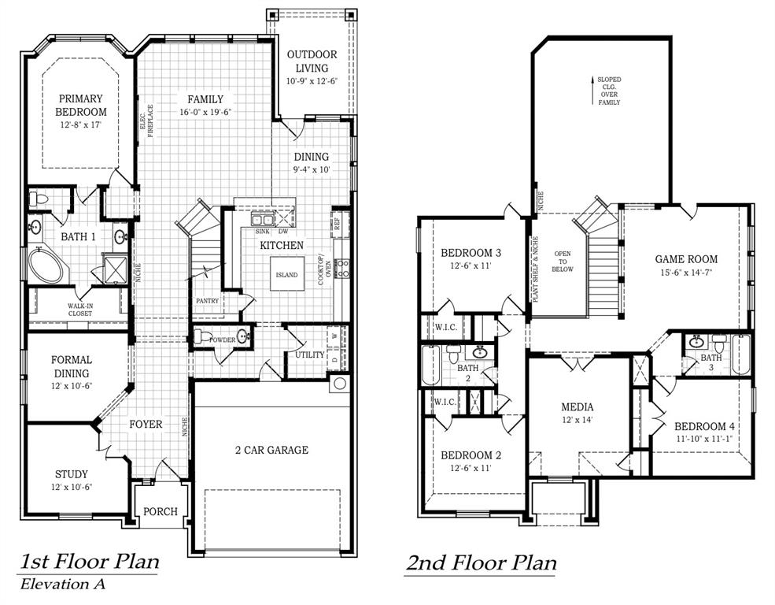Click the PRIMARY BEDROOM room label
click(x=79, y=106)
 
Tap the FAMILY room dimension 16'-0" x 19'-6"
click(x=205, y=113)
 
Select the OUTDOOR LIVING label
click(x=312, y=61)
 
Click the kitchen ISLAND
click(x=286, y=275)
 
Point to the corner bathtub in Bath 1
click(x=45, y=265)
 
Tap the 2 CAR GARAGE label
click(x=271, y=450)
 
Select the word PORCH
click(x=160, y=511)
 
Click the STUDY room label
click(x=72, y=474)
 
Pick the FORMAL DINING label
click(x=72, y=366)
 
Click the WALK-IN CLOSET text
click(x=79, y=310)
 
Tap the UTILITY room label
click(x=309, y=354)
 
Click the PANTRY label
click(x=207, y=300)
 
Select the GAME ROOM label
click(x=686, y=258)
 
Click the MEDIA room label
click(x=577, y=407)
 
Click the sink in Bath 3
click(x=696, y=342)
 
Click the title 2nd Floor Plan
click(x=481, y=563)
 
